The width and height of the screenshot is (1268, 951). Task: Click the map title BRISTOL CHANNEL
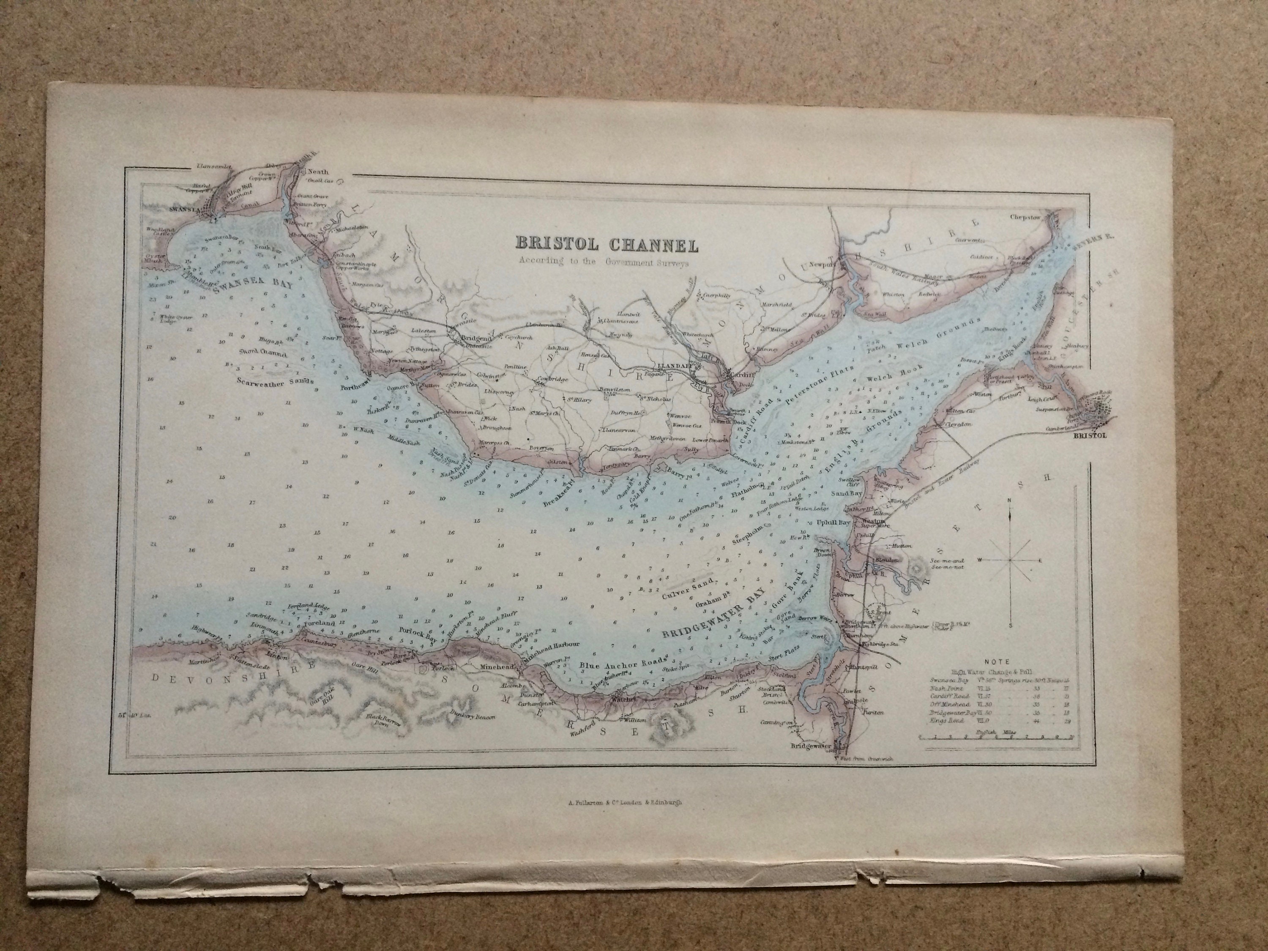(607, 245)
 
